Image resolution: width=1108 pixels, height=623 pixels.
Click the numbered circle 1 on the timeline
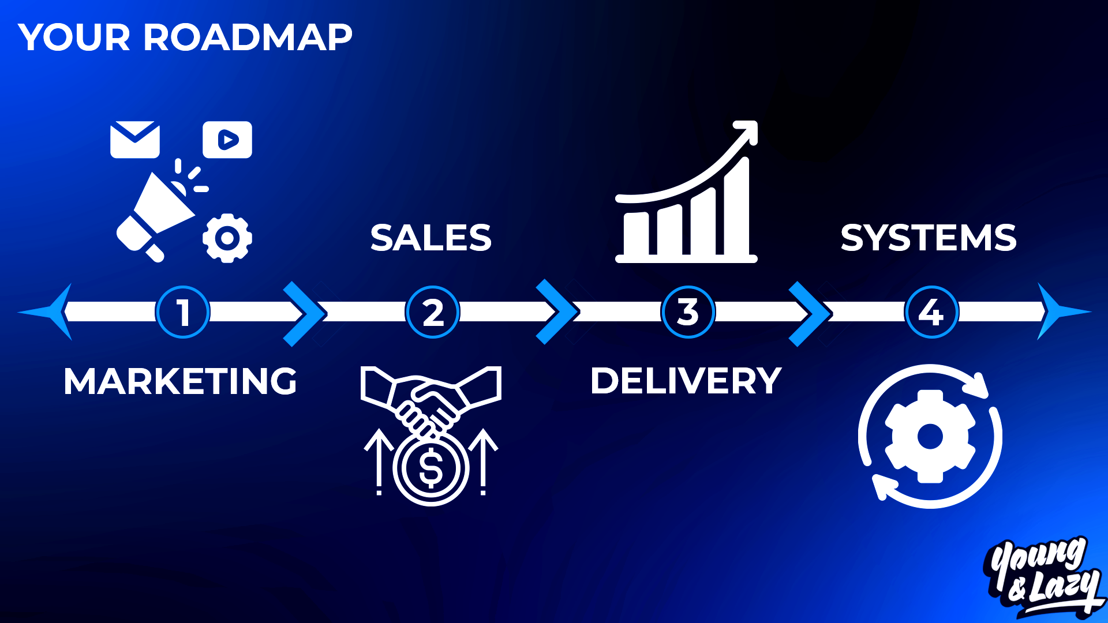coord(182,312)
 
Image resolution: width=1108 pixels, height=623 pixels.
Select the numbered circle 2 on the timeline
coord(433,312)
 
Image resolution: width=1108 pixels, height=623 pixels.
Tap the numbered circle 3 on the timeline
coord(688,312)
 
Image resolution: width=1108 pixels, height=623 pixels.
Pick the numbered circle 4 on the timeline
coord(931,312)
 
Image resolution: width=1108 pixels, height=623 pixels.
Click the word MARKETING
coord(180,381)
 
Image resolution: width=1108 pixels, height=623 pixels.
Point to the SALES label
coord(431,238)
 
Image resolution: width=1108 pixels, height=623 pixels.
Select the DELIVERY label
coord(686,381)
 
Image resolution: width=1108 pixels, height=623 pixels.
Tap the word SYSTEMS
coord(928,238)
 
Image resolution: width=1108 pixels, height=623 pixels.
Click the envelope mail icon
coord(135,140)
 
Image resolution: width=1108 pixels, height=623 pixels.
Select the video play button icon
coord(227,140)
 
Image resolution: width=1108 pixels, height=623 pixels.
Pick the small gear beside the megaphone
coord(227,238)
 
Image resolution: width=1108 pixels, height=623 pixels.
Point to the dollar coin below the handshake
coord(431,468)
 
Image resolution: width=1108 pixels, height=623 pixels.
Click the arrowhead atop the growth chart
coord(748,130)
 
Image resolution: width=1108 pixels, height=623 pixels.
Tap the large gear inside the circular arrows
coord(930,437)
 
